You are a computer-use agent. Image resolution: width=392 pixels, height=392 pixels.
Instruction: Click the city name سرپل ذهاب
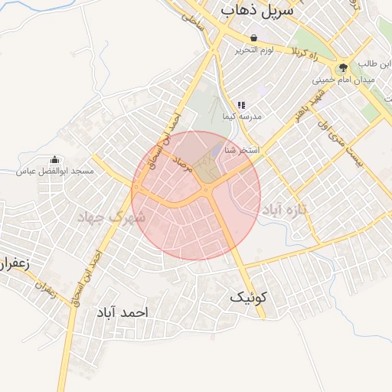pos(256,11)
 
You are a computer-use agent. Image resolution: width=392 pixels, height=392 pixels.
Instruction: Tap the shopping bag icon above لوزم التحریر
pos(253,38)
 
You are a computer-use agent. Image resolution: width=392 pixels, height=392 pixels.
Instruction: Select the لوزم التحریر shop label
pos(253,51)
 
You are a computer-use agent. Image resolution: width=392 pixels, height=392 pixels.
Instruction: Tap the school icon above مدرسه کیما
pos(241,105)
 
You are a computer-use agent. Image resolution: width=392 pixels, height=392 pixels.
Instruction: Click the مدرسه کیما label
pos(241,116)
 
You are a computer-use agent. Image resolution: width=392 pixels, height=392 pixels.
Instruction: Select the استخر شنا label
pos(242,151)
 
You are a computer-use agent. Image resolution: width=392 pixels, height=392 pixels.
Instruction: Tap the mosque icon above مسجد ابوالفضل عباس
pos(54,159)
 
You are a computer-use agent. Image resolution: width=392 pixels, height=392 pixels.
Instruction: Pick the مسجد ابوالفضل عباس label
pos(54,171)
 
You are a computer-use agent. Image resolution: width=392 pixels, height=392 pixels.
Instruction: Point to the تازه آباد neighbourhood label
pos(287,208)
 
